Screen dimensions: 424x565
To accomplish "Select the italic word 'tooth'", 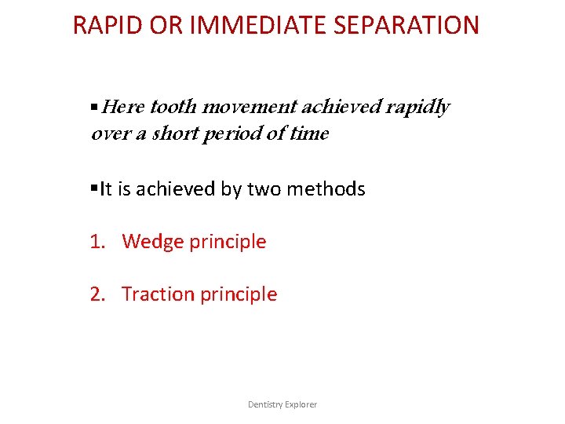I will [x=173, y=107].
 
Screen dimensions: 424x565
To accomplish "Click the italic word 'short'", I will [x=174, y=134].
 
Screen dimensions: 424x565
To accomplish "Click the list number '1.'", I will [x=97, y=242].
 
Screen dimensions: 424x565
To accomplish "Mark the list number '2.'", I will [x=97, y=294].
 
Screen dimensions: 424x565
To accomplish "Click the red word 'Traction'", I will [x=158, y=294].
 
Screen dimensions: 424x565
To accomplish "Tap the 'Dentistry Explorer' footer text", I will [x=282, y=404].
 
